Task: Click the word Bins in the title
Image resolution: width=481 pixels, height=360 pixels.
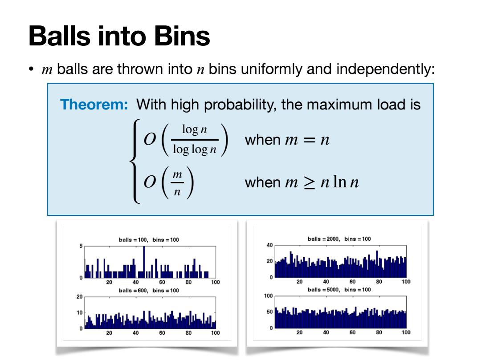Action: pyautogui.click(x=182, y=36)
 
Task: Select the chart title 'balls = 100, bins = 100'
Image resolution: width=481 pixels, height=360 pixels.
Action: pyautogui.click(x=149, y=239)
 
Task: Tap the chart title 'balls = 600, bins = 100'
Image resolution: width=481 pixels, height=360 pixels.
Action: pyautogui.click(x=149, y=291)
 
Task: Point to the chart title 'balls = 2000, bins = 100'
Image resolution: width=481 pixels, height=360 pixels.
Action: pyautogui.click(x=339, y=239)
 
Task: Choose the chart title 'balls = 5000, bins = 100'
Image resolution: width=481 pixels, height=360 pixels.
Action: pyautogui.click(x=339, y=290)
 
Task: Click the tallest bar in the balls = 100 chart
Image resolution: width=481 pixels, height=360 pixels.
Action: pyautogui.click(x=144, y=262)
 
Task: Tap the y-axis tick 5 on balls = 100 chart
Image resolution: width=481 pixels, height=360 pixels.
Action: pyautogui.click(x=81, y=246)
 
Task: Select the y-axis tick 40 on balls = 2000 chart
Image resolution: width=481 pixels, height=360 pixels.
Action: pyautogui.click(x=269, y=245)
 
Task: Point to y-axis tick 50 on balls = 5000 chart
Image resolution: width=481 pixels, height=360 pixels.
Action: pyautogui.click(x=269, y=311)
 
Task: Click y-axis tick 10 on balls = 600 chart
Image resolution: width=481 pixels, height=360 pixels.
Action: pyautogui.click(x=79, y=312)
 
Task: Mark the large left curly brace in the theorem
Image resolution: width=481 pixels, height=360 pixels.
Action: pyautogui.click(x=135, y=161)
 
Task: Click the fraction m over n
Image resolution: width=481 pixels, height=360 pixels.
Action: pyautogui.click(x=177, y=183)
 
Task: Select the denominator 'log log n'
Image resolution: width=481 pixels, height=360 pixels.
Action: pyautogui.click(x=195, y=150)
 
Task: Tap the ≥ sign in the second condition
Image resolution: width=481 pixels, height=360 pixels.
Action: pyautogui.click(x=309, y=183)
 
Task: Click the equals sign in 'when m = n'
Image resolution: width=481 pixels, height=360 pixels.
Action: pyautogui.click(x=309, y=140)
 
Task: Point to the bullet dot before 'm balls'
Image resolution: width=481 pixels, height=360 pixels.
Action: pyautogui.click(x=31, y=69)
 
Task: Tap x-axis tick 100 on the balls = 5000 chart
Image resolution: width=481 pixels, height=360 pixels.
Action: pyautogui.click(x=406, y=332)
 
